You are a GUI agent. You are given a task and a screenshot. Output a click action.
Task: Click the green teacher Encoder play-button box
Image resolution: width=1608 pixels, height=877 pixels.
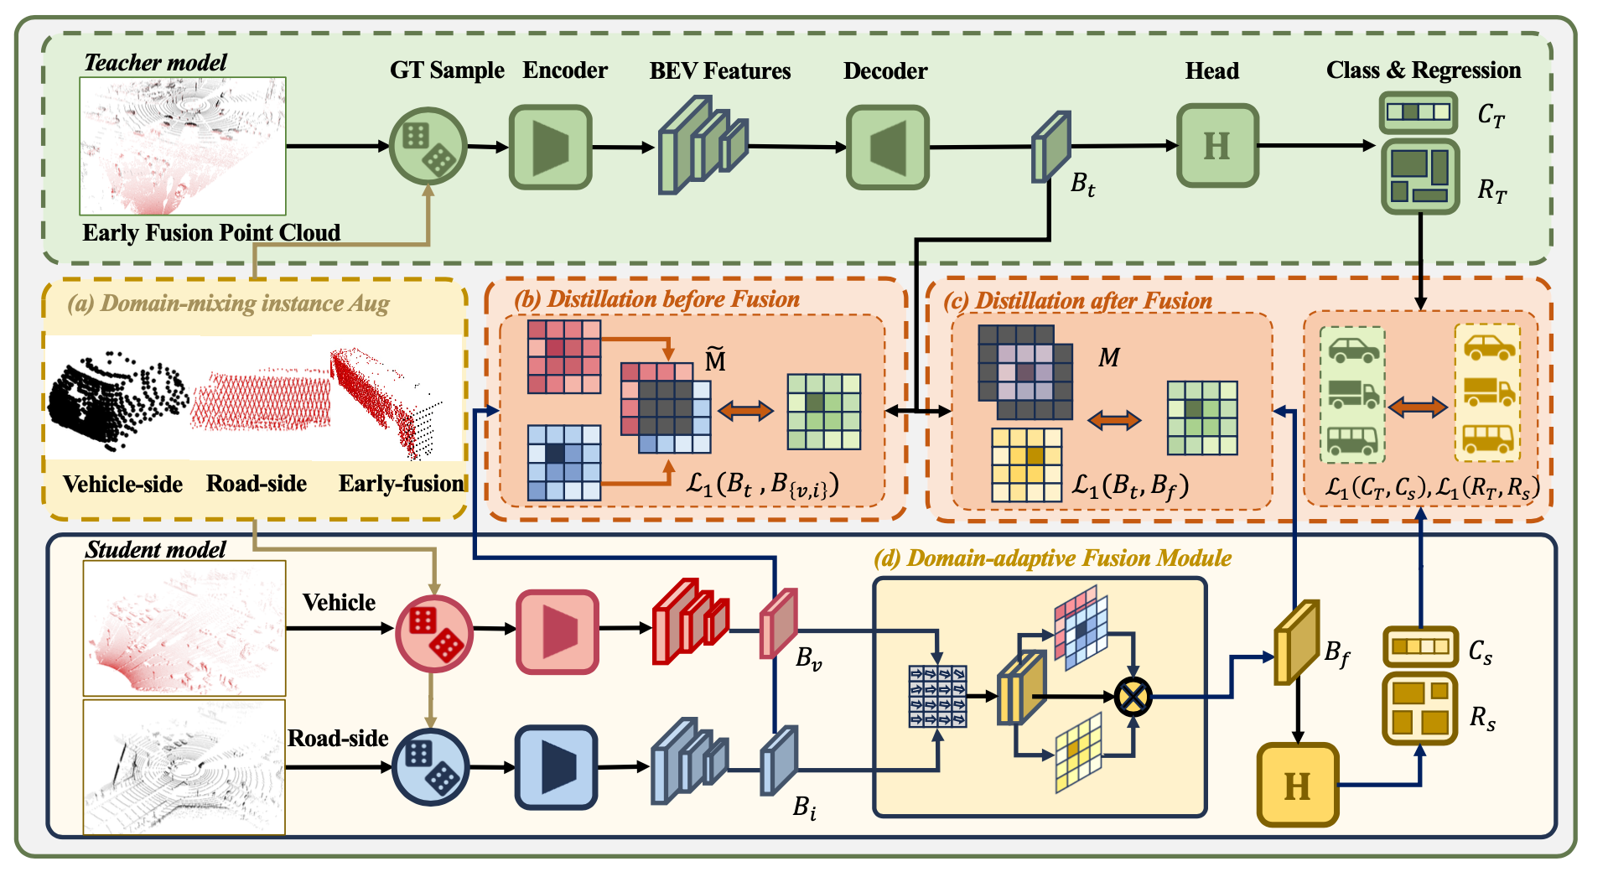tap(550, 147)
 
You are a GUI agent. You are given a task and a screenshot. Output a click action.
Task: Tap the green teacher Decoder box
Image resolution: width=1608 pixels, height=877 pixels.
tap(887, 147)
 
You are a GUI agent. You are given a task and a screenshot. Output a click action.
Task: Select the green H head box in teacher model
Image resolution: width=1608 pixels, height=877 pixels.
tap(1216, 146)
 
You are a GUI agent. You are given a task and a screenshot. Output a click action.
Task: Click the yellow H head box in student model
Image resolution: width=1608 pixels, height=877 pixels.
tap(1297, 785)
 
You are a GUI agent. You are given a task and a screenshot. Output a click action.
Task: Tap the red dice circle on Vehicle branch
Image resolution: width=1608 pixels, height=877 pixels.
tap(434, 633)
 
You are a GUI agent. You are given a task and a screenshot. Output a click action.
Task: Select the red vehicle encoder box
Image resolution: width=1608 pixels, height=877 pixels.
tap(558, 631)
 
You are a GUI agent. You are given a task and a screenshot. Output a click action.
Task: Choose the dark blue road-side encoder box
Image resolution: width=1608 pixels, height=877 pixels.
tap(556, 766)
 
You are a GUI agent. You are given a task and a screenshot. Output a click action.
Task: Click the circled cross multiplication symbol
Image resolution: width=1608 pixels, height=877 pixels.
tap(1133, 696)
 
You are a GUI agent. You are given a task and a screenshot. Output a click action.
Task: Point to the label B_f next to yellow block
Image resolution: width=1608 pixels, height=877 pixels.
tap(1337, 653)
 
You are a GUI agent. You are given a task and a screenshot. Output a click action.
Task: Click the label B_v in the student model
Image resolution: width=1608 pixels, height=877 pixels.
tap(808, 659)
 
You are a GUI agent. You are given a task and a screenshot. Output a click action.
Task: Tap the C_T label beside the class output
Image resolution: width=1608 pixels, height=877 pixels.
tap(1491, 115)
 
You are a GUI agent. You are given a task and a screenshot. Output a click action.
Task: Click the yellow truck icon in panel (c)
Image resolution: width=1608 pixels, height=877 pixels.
tap(1488, 391)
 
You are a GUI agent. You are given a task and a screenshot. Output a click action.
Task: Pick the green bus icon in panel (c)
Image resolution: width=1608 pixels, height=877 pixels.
tap(1351, 438)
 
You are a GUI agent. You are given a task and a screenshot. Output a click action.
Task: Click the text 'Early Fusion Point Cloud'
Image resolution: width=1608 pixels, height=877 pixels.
tap(211, 232)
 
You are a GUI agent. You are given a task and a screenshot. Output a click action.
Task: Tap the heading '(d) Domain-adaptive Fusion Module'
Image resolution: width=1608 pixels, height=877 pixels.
tap(1052, 558)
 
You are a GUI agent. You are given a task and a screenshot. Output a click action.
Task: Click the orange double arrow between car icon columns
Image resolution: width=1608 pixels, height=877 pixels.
tap(1418, 407)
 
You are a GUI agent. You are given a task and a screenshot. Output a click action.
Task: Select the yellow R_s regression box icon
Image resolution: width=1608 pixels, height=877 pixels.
tap(1420, 708)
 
